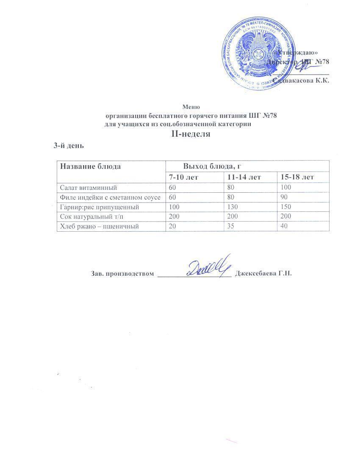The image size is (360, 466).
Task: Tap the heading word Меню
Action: [x=191, y=107]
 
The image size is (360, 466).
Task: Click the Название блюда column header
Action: [x=90, y=166]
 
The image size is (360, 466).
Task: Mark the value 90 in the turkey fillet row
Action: [x=281, y=197]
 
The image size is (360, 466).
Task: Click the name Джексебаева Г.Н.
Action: [x=263, y=273]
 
